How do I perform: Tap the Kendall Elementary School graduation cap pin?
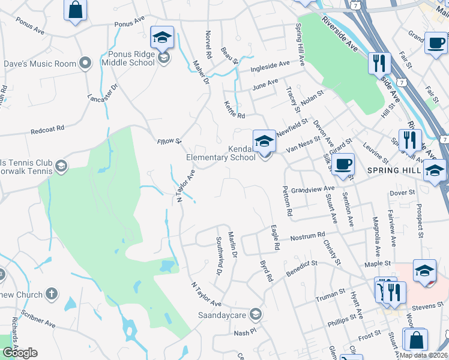(x=264, y=141)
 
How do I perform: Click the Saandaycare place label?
(x=223, y=314)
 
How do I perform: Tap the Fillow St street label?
(x=169, y=141)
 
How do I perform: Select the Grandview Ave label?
(x=312, y=189)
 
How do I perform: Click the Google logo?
(x=20, y=352)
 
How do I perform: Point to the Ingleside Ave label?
(x=270, y=64)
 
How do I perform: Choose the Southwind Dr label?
(x=219, y=254)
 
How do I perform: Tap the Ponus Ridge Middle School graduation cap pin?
(x=162, y=38)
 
